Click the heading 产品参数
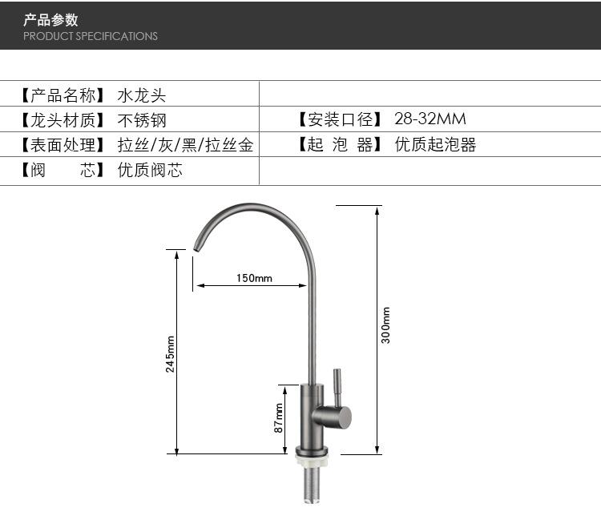click(x=50, y=20)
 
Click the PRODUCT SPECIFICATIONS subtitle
click(x=91, y=36)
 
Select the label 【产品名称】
click(x=63, y=95)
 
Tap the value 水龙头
click(x=142, y=95)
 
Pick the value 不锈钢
click(x=142, y=120)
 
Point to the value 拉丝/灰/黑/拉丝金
click(x=186, y=145)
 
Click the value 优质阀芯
click(x=150, y=170)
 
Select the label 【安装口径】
click(x=340, y=119)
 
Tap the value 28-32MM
click(x=430, y=119)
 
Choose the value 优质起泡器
click(x=435, y=145)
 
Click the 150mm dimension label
click(x=254, y=278)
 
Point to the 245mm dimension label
click(x=170, y=354)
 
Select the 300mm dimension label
click(x=385, y=325)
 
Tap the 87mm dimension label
click(x=279, y=417)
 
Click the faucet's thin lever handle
click(x=337, y=388)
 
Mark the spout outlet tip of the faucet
click(x=196, y=249)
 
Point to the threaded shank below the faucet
click(x=312, y=484)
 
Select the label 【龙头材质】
click(x=63, y=120)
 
